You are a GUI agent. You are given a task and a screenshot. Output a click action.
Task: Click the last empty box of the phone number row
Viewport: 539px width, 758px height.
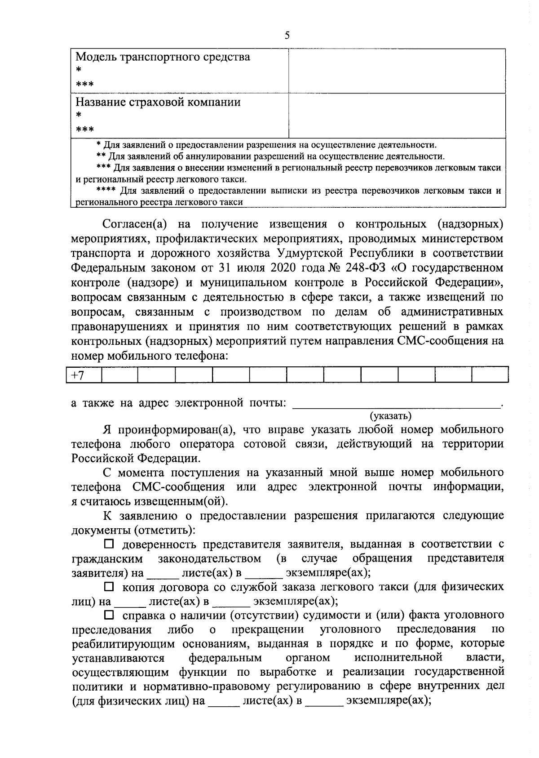point(490,375)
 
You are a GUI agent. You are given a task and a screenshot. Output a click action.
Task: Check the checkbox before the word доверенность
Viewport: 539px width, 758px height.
point(109,544)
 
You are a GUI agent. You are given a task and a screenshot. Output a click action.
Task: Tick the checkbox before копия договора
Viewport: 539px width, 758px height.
point(109,587)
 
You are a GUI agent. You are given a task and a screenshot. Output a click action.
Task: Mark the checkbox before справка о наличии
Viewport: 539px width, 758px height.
point(109,615)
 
